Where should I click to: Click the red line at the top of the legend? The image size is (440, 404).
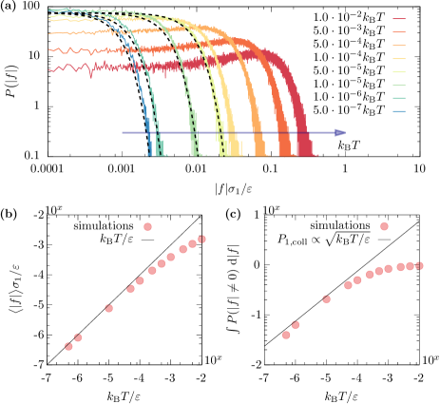click(399, 19)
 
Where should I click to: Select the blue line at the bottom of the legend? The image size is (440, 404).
click(399, 111)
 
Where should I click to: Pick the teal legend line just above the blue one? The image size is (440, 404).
click(399, 98)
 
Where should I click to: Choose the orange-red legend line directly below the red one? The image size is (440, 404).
click(399, 32)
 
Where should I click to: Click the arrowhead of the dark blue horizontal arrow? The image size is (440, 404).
click(341, 133)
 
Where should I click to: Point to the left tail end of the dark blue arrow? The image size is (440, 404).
click(123, 133)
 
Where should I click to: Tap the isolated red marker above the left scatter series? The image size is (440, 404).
click(147, 226)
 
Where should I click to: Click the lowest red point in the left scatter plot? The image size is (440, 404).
click(68, 347)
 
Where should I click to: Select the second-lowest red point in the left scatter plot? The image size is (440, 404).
click(78, 337)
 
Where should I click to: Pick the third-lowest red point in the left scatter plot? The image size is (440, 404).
click(109, 308)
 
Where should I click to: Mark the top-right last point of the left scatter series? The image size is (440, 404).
click(201, 240)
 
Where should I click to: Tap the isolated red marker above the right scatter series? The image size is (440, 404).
click(384, 226)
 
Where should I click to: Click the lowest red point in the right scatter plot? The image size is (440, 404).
click(286, 335)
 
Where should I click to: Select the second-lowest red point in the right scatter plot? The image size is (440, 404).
click(296, 325)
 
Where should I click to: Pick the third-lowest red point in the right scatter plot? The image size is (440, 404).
click(327, 299)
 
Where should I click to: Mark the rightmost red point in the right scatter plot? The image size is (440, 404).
click(419, 266)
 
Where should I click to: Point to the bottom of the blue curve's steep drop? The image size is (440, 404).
click(150, 153)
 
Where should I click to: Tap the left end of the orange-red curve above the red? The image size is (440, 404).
click(49, 49)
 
